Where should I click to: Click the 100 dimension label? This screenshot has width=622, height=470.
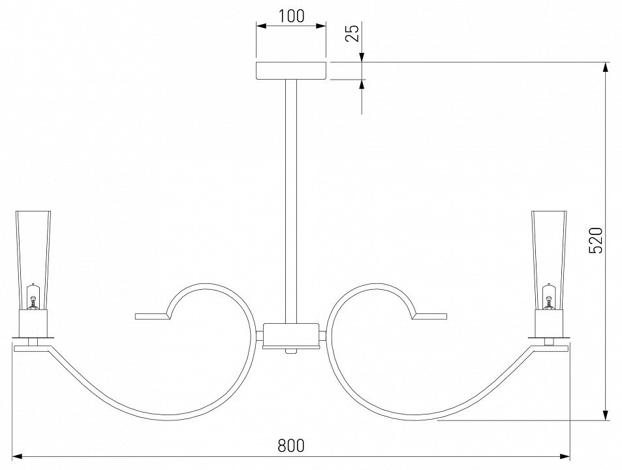pyautogui.click(x=291, y=16)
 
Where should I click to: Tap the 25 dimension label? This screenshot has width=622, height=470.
pyautogui.click(x=352, y=33)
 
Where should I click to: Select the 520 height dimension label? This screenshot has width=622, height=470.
pyautogui.click(x=595, y=240)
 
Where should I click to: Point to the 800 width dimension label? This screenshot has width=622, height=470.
pyautogui.click(x=291, y=445)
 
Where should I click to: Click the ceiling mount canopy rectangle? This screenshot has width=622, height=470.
pyautogui.click(x=291, y=70)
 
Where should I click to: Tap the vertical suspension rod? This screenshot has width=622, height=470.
pyautogui.click(x=291, y=201)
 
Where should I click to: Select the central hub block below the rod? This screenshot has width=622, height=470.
pyautogui.click(x=291, y=336)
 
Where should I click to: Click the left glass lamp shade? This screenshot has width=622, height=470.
pyautogui.click(x=33, y=260)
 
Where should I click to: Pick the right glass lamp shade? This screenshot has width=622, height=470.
pyautogui.click(x=549, y=260)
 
